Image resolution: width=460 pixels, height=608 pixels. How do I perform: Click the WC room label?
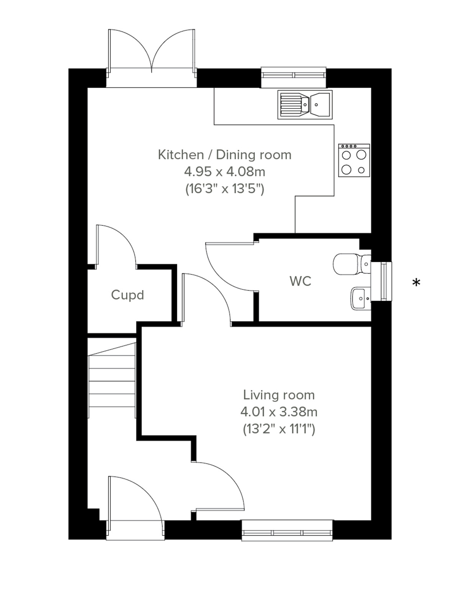pyautogui.click(x=300, y=281)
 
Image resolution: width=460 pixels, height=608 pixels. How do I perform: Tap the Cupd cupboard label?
pyautogui.click(x=127, y=295)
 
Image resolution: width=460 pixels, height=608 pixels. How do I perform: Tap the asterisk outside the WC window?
pyautogui.click(x=416, y=283)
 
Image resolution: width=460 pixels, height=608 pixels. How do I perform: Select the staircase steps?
pyautogui.click(x=112, y=380)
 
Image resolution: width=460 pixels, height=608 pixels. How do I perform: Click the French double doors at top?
pyautogui.click(x=152, y=54)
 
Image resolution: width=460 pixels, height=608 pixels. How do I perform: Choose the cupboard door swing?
pyautogui.click(x=115, y=245)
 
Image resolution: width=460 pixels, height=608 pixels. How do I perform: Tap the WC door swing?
pyautogui.click(x=230, y=268)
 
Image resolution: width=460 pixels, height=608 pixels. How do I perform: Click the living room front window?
pyautogui.click(x=287, y=531)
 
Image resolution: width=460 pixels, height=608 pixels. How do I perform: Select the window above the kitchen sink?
pyautogui.click(x=294, y=77)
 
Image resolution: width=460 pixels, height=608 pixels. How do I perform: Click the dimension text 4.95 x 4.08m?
pyautogui.click(x=225, y=172)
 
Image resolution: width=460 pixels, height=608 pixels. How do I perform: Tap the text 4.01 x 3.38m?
pyautogui.click(x=279, y=412)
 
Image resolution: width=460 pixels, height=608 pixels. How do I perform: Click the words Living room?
pyautogui.click(x=279, y=395)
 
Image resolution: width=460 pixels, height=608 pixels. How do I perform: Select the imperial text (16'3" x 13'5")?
pyautogui.click(x=225, y=189)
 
